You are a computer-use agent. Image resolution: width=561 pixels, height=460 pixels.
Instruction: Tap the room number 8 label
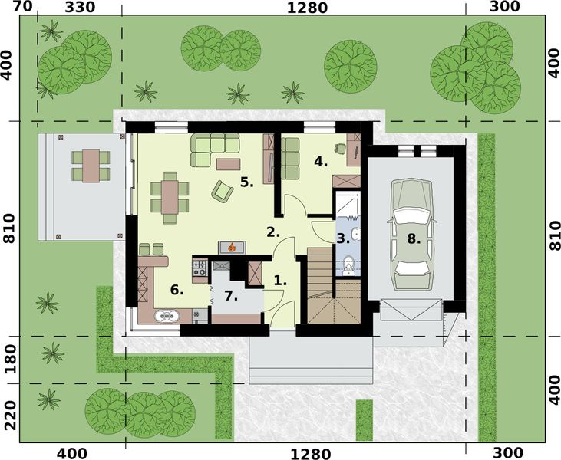point(414,238)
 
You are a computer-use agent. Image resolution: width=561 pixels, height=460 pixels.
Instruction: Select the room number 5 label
point(246,182)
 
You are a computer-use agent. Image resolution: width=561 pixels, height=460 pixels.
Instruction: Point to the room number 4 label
point(321,162)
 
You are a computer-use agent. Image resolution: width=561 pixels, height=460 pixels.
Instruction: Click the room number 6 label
point(177,290)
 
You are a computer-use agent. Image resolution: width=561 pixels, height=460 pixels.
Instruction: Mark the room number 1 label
point(280,281)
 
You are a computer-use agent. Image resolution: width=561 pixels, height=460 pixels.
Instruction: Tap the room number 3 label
point(342,238)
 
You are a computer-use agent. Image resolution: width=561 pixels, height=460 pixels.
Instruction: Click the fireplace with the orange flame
point(230,247)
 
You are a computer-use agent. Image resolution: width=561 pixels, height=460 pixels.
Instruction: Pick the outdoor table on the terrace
point(91,163)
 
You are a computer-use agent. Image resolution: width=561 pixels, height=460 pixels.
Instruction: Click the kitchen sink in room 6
point(167,314)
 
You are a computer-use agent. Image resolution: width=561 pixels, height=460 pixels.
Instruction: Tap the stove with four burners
point(199,268)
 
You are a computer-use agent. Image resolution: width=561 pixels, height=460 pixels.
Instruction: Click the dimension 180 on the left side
point(10,359)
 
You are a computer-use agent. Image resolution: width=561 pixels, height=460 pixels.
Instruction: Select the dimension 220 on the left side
point(10,415)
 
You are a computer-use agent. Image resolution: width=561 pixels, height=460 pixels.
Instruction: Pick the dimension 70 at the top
point(23,8)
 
